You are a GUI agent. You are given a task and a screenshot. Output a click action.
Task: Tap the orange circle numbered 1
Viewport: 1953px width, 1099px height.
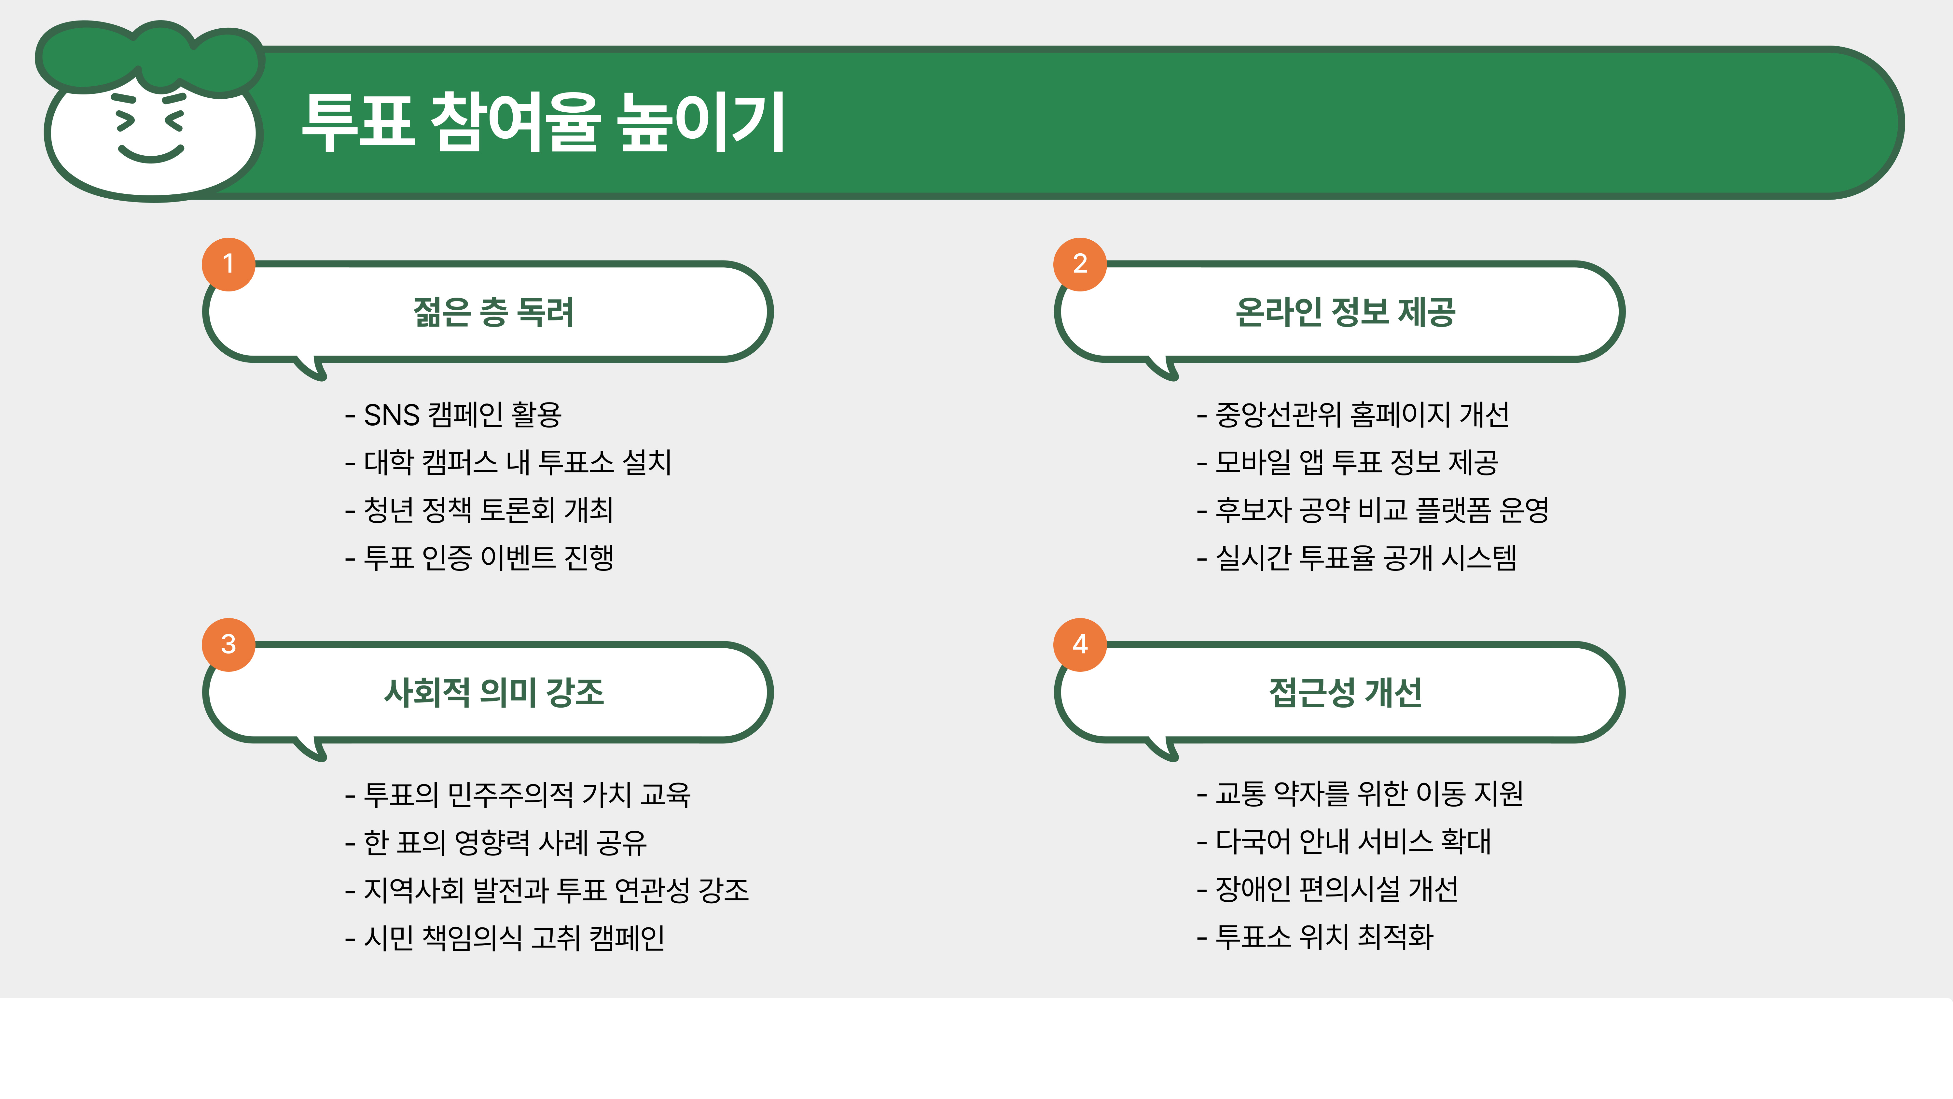(x=228, y=264)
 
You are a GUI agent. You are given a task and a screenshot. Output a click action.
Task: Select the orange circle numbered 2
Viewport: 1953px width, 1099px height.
(x=1080, y=264)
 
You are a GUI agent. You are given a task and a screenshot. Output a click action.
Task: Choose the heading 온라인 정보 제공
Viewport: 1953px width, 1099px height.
(x=1345, y=312)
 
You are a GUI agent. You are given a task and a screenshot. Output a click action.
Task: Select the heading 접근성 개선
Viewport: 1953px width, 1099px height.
(x=1345, y=693)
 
